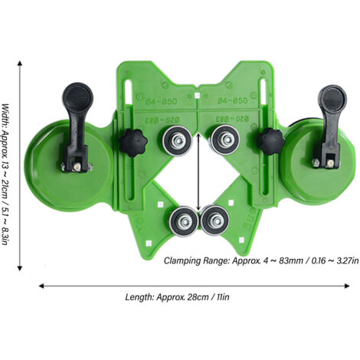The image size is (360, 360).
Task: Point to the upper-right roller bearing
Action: tap(224, 140)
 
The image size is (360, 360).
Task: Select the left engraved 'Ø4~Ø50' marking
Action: tap(156, 100)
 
